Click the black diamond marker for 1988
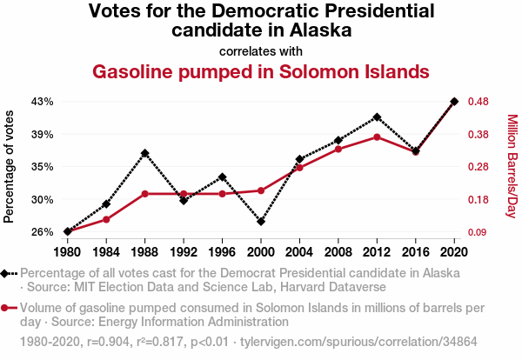[x=145, y=153]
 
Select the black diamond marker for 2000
[x=261, y=222]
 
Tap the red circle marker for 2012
[x=377, y=137]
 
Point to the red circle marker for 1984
[x=106, y=219]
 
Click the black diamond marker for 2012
[x=377, y=117]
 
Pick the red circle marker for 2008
[x=338, y=150]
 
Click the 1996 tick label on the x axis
[x=223, y=252]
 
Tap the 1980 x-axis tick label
[x=68, y=252]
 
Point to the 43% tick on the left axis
[x=42, y=102]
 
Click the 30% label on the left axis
[x=42, y=199]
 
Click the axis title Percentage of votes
[x=10, y=166]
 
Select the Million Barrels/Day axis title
[x=512, y=166]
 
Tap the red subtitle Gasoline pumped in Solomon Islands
[x=261, y=70]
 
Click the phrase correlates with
[x=261, y=50]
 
